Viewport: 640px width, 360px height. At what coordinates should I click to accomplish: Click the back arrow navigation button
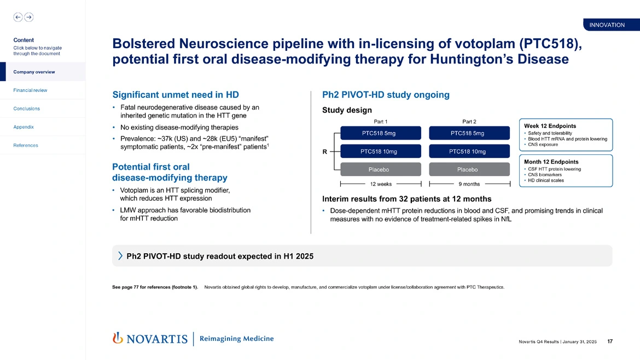pyautogui.click(x=18, y=17)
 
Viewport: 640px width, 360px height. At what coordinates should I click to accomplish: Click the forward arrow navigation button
pyautogui.click(x=29, y=17)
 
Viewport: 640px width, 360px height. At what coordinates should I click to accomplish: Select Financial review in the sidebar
pyautogui.click(x=30, y=90)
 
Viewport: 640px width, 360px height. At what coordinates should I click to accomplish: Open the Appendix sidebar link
pyautogui.click(x=24, y=127)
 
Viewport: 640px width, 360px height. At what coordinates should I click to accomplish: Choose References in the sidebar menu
pyautogui.click(x=26, y=146)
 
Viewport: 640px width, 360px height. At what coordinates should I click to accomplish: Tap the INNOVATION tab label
pyautogui.click(x=607, y=25)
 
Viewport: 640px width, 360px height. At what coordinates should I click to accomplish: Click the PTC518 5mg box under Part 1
pyautogui.click(x=381, y=133)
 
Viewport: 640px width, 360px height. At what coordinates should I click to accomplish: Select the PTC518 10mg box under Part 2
pyautogui.click(x=469, y=151)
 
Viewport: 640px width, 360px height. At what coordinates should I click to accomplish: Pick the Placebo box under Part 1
pyautogui.click(x=381, y=170)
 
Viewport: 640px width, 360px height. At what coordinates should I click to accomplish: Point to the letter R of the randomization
pyautogui.click(x=324, y=153)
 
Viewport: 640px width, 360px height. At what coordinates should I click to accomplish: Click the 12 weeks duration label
pyautogui.click(x=381, y=184)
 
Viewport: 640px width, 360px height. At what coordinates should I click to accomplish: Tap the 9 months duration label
pyautogui.click(x=469, y=184)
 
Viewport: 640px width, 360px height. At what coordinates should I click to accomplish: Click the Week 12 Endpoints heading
pyautogui.click(x=550, y=126)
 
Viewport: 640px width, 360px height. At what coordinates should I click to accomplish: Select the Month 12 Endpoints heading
pyautogui.click(x=551, y=162)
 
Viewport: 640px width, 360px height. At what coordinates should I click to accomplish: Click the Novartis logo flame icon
pyautogui.click(x=117, y=338)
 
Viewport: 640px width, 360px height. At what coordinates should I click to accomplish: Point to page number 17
pyautogui.click(x=610, y=342)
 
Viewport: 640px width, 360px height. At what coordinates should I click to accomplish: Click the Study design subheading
pyautogui.click(x=347, y=110)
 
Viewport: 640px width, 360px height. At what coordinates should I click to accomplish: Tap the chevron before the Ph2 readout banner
pyautogui.click(x=120, y=256)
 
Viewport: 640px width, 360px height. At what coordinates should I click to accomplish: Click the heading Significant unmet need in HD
pyautogui.click(x=176, y=95)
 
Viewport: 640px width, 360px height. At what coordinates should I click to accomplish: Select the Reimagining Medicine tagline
pyautogui.click(x=237, y=339)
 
